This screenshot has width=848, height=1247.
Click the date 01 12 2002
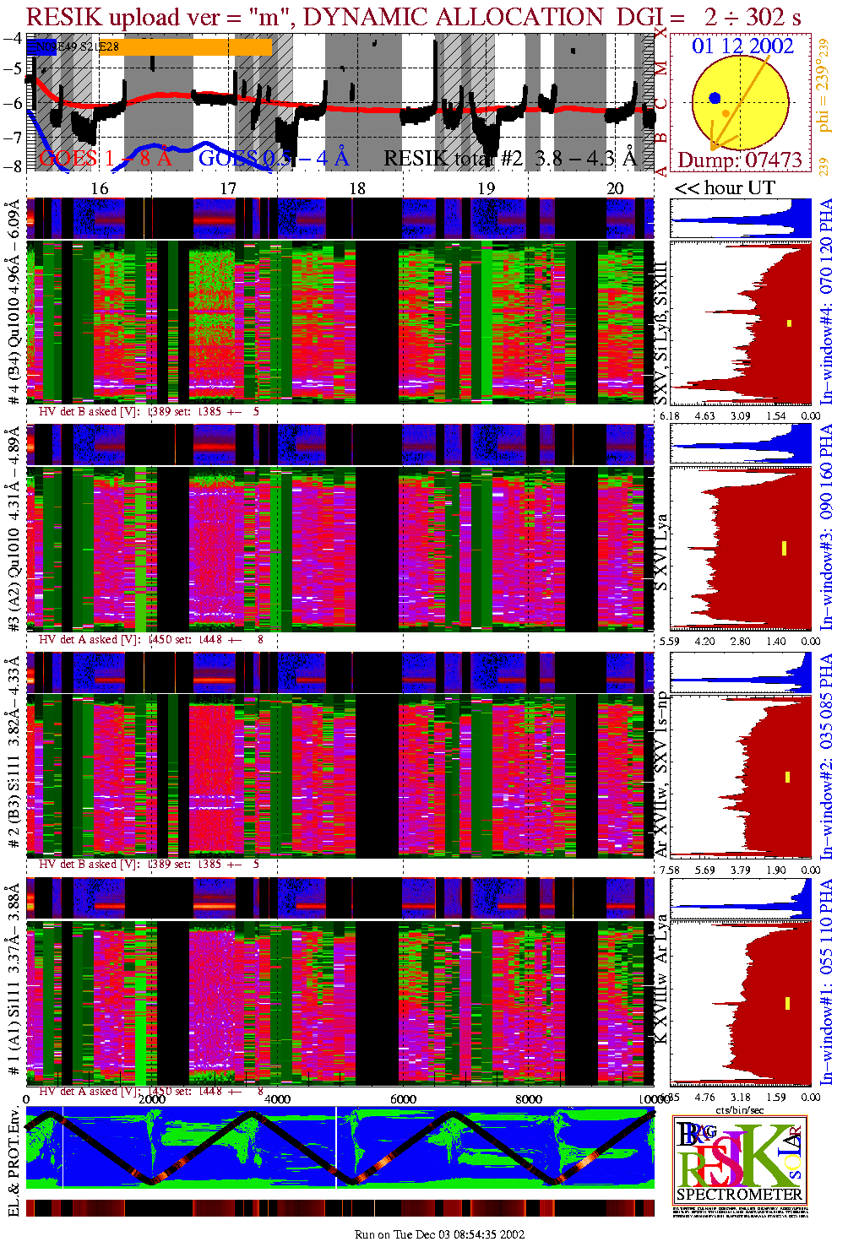[x=742, y=46]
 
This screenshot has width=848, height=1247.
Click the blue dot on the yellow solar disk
[x=715, y=99]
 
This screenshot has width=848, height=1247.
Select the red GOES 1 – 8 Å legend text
[x=105, y=158]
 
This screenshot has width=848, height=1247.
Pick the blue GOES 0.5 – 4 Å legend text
[x=273, y=158]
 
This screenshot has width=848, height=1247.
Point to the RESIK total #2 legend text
[x=509, y=158]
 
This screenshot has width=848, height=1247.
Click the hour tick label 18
[x=357, y=188]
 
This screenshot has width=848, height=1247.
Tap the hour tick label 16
[x=100, y=188]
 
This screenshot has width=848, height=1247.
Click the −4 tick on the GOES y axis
[x=13, y=38]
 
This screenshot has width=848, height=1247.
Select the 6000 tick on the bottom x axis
[x=403, y=1099]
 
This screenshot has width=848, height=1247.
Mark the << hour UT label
[x=724, y=188]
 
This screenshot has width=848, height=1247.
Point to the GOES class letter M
[x=661, y=68]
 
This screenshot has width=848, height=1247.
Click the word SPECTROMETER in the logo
[x=739, y=1194]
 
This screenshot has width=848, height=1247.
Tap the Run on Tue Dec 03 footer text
[x=439, y=1234]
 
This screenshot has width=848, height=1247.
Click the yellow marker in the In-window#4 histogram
[x=790, y=323]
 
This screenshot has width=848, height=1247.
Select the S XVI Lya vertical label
[x=661, y=552]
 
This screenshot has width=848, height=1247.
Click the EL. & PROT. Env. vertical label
[x=14, y=1162]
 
